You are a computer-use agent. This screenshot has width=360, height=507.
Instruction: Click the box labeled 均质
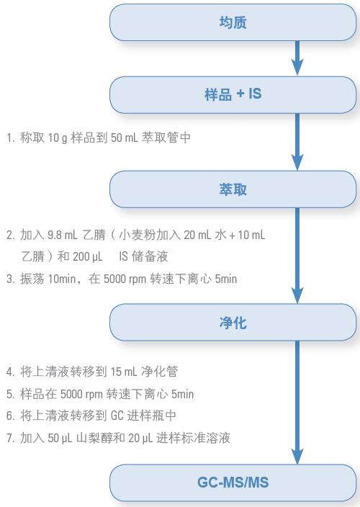(233, 22)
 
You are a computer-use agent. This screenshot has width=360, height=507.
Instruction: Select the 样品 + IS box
(233, 95)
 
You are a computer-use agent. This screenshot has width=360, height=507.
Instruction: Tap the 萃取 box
(233, 189)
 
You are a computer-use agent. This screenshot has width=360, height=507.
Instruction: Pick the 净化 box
(233, 323)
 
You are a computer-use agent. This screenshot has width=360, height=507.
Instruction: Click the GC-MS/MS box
(233, 483)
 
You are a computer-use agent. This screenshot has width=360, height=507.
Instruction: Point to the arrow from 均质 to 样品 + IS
(297, 58)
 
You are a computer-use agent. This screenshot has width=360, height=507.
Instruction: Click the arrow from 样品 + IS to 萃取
(297, 142)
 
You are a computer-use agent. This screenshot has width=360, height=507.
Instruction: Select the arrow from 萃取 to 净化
(297, 256)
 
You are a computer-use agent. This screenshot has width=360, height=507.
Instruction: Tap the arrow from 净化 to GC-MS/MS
(297, 403)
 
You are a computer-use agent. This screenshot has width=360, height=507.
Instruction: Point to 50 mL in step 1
(124, 138)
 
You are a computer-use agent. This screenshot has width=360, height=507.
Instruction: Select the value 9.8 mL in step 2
(62, 235)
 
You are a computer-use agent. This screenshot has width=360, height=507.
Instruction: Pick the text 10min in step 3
(62, 279)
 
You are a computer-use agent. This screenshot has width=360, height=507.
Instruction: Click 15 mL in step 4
(124, 372)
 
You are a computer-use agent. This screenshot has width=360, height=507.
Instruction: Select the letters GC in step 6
(117, 416)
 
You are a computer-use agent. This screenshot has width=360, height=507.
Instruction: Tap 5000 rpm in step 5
(82, 394)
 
